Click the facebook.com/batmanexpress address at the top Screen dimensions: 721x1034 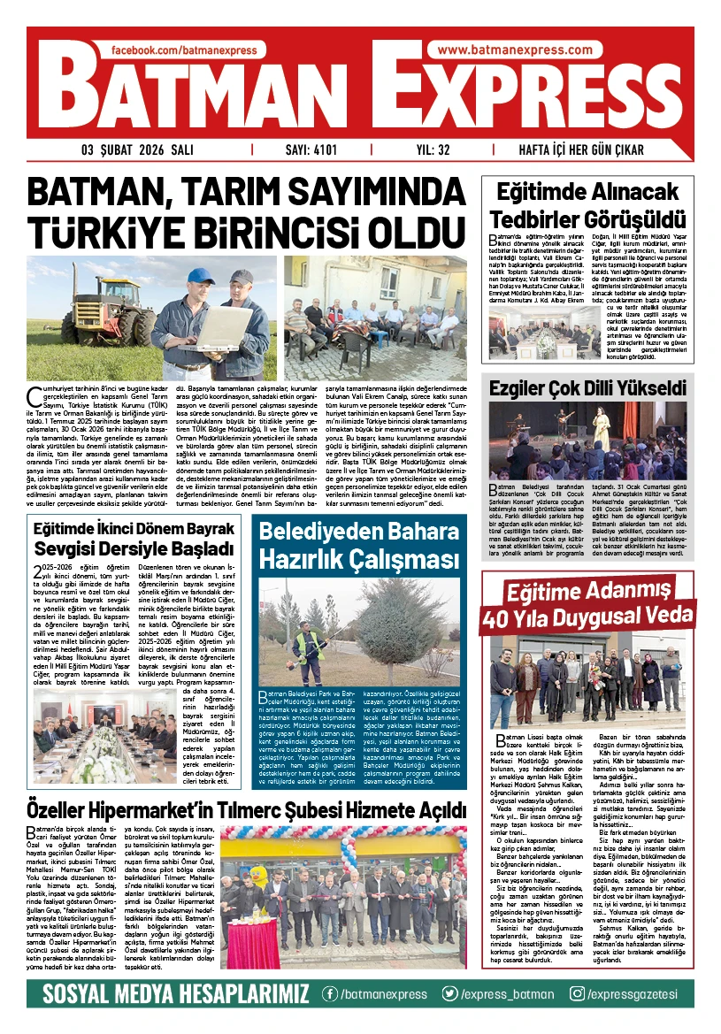point(180,52)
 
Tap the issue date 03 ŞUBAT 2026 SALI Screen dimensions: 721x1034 point(137,149)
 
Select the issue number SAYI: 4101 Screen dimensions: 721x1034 point(311,149)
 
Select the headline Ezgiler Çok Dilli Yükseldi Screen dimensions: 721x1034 point(587,387)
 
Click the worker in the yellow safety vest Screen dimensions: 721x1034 point(309,649)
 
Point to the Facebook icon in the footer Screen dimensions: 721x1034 point(330,993)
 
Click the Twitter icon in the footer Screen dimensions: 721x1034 point(449,993)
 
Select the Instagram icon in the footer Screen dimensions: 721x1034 point(577,993)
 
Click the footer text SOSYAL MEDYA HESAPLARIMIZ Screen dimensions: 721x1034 point(177,993)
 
